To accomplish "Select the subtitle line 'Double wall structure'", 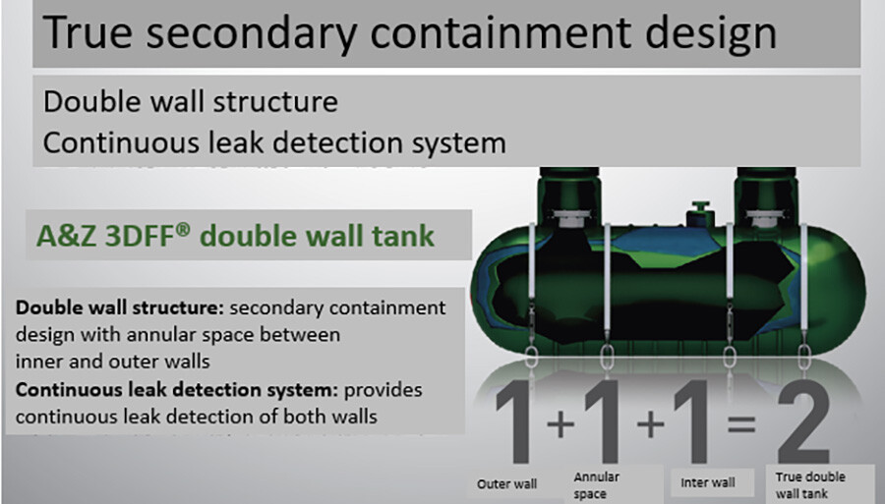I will tap(191, 102).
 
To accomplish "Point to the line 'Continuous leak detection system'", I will tap(275, 142).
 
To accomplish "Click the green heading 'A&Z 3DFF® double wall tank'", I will tap(235, 237).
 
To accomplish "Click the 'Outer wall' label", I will tap(507, 483).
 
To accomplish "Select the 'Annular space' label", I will tap(598, 485).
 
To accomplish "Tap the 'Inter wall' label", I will tap(707, 482).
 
